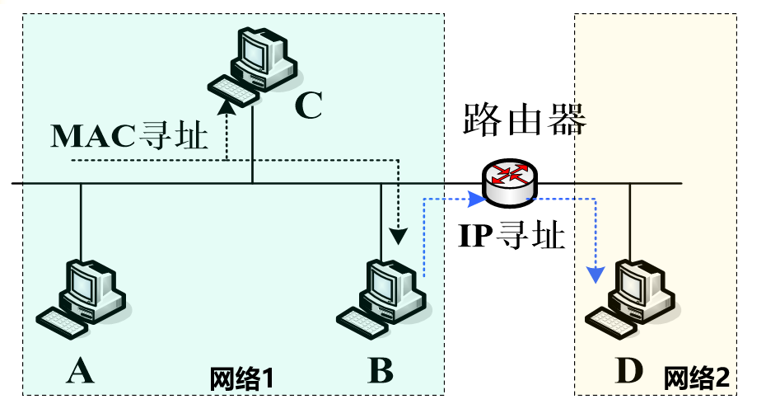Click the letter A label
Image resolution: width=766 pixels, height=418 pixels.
80,372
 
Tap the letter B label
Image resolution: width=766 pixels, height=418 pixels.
380,371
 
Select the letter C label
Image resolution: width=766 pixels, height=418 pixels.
308,106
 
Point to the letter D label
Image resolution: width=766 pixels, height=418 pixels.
628,372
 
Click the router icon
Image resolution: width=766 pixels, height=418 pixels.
508,183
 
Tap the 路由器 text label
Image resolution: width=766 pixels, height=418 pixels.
524,120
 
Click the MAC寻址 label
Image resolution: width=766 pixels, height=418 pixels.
129,136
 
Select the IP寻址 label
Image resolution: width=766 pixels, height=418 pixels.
511,237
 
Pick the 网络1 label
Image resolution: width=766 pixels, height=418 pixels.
241,378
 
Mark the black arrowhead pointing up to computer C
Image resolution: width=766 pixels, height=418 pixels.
227,106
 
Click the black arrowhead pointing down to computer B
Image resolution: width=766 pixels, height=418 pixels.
399,237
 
